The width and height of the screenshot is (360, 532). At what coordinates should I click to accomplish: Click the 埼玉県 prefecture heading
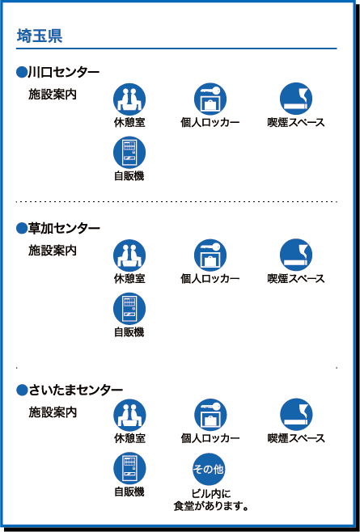(x=40, y=36)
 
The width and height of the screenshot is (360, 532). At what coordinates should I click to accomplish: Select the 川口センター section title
(x=63, y=72)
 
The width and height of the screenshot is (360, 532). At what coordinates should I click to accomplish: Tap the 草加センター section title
(x=64, y=228)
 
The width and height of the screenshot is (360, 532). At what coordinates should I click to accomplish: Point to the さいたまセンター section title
(x=75, y=390)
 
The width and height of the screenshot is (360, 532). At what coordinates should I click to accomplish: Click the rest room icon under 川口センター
(x=129, y=99)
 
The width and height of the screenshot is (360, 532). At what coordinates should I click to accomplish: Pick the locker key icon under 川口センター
(x=210, y=99)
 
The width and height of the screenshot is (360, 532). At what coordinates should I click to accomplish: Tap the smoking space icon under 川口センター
(x=296, y=99)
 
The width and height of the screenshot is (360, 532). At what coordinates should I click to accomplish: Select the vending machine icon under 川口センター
(x=129, y=153)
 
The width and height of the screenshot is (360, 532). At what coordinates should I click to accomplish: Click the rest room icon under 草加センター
(x=129, y=255)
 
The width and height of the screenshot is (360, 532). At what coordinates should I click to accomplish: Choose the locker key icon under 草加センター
(x=210, y=255)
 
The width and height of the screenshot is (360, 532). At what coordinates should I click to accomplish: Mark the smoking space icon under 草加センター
(x=296, y=255)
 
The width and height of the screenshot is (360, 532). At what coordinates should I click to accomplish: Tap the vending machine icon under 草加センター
(x=129, y=309)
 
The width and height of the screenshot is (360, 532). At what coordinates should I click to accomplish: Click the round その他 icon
(x=209, y=469)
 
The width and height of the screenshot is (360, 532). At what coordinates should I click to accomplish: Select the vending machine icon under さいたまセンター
(x=129, y=469)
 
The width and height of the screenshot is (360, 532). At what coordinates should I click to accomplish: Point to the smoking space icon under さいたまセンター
(x=296, y=415)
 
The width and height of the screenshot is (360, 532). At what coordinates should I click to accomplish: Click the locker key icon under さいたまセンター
(x=210, y=415)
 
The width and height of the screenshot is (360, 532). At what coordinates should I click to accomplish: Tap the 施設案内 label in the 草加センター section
(x=53, y=251)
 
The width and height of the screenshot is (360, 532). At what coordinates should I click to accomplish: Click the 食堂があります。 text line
(x=210, y=506)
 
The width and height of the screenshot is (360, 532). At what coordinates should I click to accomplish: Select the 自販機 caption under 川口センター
(x=129, y=175)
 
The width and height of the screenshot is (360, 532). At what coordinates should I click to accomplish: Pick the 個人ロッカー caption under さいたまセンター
(x=210, y=438)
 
